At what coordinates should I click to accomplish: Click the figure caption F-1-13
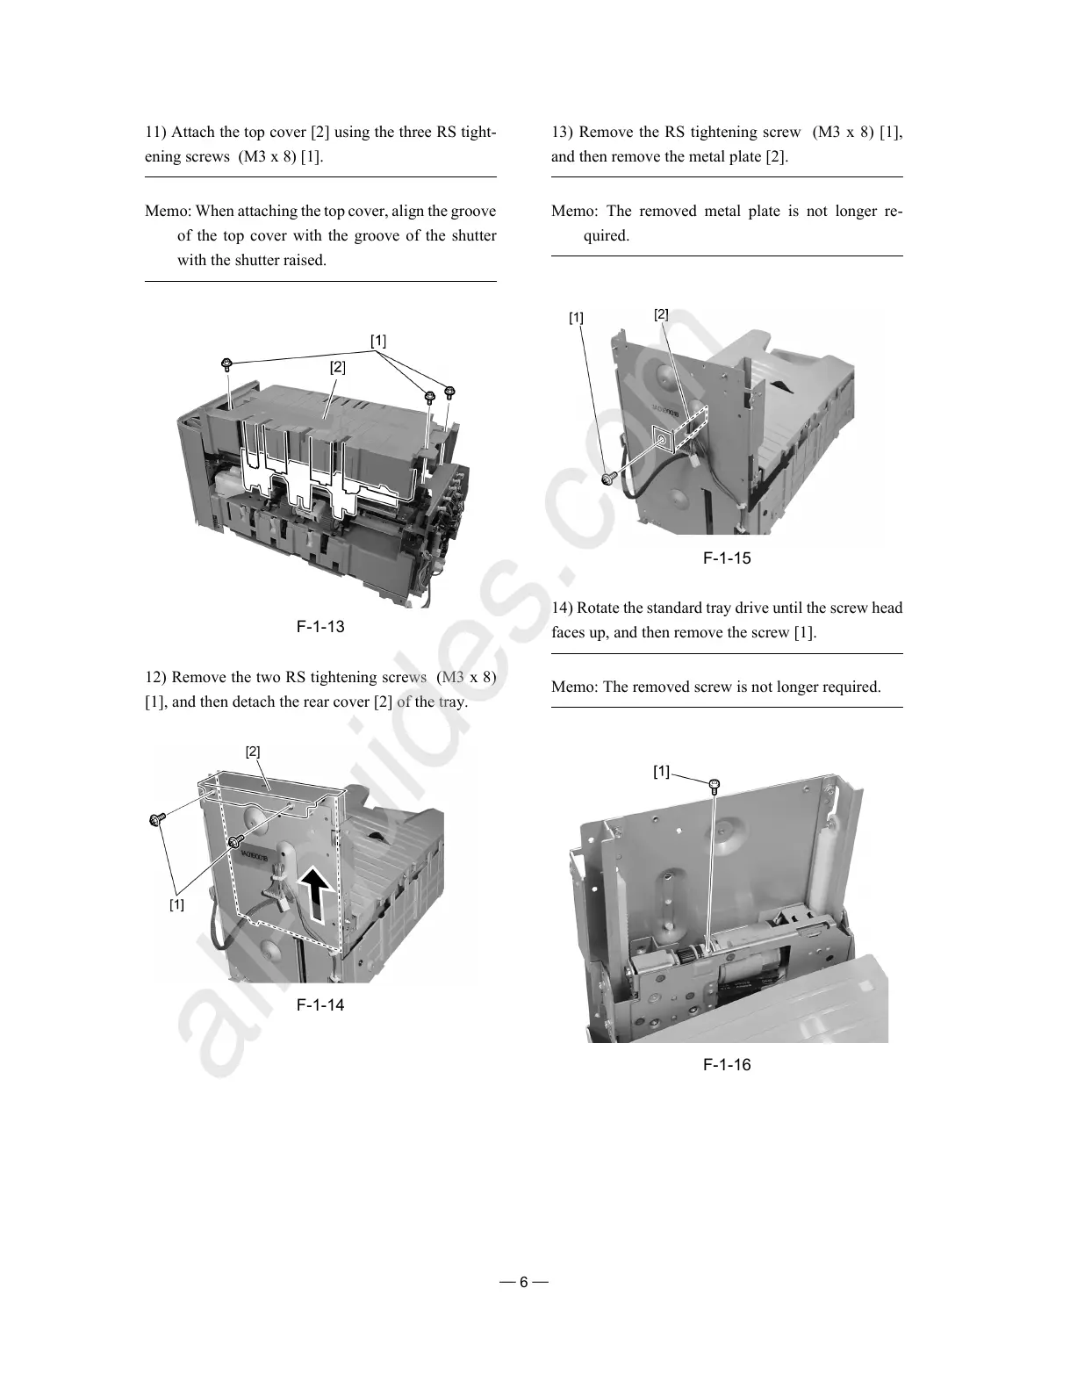(x=320, y=627)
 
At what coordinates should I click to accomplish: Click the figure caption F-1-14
(x=320, y=1005)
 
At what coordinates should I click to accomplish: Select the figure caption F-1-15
(x=727, y=558)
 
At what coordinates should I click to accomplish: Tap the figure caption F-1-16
(x=727, y=1065)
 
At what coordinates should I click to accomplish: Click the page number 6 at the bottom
(x=524, y=1282)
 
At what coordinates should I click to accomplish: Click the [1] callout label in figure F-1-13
(x=377, y=341)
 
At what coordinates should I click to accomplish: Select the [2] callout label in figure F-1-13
(x=337, y=368)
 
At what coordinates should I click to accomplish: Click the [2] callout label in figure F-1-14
(x=253, y=752)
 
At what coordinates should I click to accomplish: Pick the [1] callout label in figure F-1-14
(x=176, y=905)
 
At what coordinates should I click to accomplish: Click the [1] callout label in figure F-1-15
(x=576, y=318)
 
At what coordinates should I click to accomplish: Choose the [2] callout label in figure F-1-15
(x=661, y=314)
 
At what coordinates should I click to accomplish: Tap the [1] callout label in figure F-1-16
(x=661, y=772)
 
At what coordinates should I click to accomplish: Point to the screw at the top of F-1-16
(x=715, y=784)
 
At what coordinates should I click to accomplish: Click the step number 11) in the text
(x=155, y=133)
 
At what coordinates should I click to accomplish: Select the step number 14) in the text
(x=562, y=608)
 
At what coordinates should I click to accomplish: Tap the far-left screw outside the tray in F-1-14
(x=157, y=819)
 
